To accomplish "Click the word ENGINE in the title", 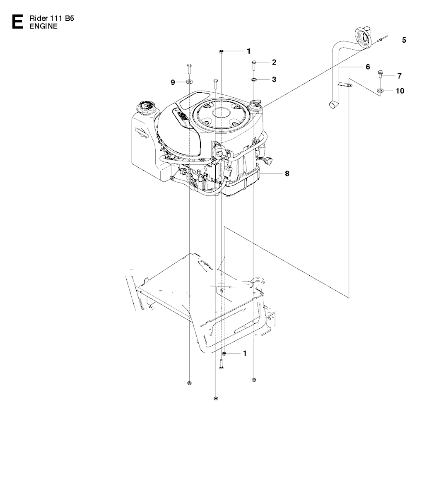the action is coord(43,26).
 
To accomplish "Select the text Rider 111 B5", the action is coord(52,18).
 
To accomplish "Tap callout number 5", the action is coord(404,40).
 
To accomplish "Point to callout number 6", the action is coord(368,67).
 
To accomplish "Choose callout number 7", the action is coord(399,76).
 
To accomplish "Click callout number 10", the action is coord(400,91).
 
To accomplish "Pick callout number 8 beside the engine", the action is coord(287,173).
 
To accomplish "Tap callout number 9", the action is coord(173,82).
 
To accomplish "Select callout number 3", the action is coord(274,79).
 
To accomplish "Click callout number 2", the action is coord(274,62).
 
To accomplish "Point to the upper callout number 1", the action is coord(249,51).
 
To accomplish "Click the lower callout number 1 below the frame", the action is coord(245,353).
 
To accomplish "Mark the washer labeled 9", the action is coord(189,82).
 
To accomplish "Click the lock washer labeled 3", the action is coord(254,79).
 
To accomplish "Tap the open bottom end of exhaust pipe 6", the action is coord(333,105).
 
